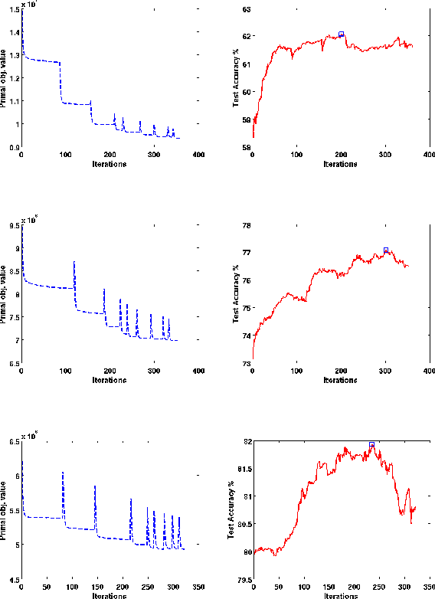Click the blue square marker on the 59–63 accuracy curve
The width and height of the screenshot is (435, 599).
coord(341,34)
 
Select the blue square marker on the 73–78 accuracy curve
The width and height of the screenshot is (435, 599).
coord(386,250)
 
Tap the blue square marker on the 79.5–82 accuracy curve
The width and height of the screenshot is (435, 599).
coord(371,444)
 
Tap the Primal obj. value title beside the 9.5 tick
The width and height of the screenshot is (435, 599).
coord(5,293)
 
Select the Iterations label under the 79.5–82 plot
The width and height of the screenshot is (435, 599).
coord(341,595)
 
